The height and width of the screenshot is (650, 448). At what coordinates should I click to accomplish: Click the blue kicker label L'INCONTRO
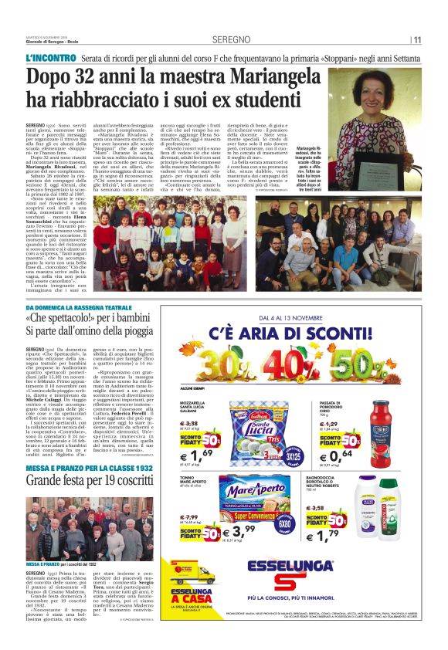[50, 59]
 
